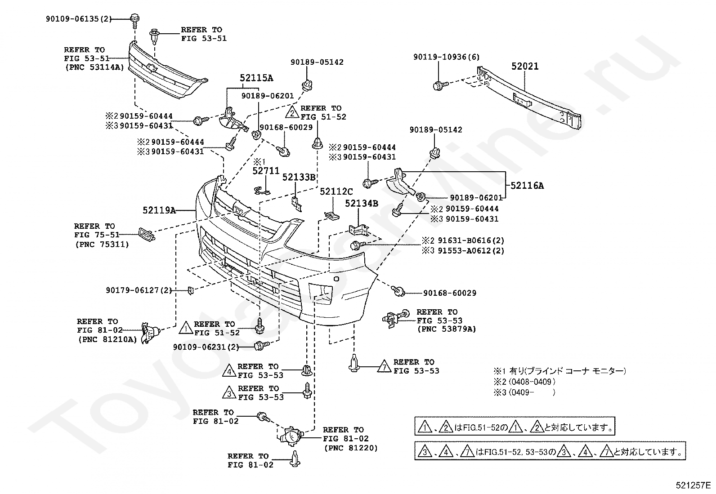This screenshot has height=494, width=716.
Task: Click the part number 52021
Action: coord(525,67)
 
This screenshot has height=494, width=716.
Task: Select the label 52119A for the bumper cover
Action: coord(159,210)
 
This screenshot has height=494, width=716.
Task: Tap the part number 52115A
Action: coord(256,78)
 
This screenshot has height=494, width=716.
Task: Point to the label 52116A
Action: coord(527,186)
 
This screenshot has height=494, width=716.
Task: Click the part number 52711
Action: coord(266,171)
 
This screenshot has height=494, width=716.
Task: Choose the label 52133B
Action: coord(299,178)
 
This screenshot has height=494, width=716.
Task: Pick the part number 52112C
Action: coord(336,191)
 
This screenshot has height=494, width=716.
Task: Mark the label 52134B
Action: coord(362,204)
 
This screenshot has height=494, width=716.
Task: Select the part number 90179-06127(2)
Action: coord(139,290)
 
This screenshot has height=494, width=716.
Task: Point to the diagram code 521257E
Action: coord(693,485)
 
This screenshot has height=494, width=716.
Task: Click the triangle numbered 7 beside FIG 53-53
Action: coord(384,366)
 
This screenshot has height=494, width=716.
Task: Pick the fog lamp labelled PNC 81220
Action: coord(290,436)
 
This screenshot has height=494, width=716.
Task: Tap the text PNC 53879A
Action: coord(447,329)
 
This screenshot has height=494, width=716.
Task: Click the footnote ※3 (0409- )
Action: coord(524,392)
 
